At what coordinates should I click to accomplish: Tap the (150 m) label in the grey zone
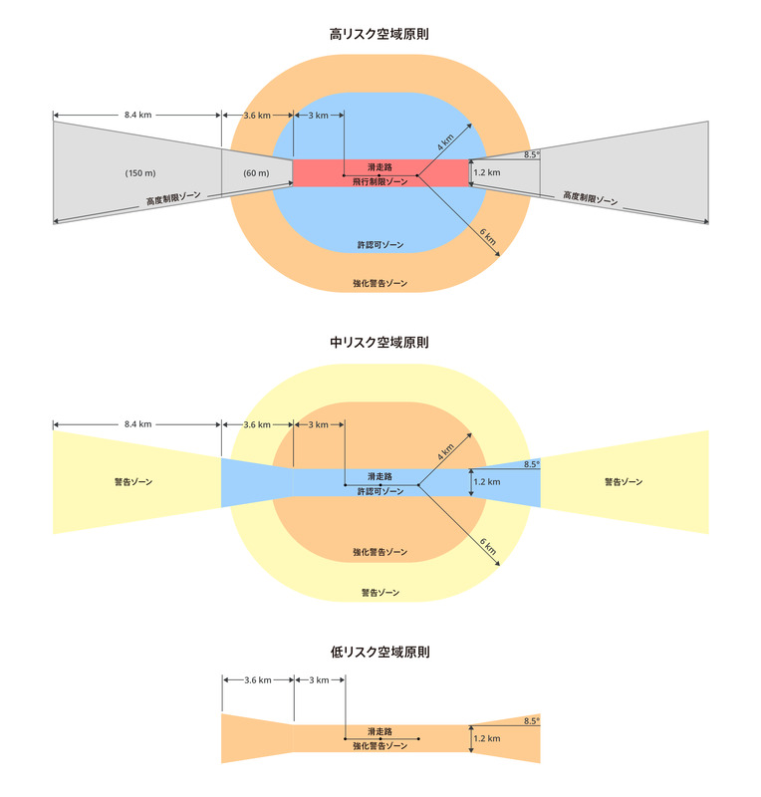pos(138,173)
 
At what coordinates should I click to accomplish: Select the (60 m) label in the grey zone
pos(256,173)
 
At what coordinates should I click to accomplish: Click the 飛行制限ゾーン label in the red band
pos(380,182)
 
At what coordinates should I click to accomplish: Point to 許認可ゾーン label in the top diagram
pos(380,244)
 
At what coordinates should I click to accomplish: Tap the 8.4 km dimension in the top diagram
pos(138,116)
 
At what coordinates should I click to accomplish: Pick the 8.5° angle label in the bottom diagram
pos(531,720)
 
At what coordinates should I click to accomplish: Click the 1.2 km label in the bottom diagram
pos(487,738)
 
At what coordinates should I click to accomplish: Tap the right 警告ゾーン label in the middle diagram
pos(624,482)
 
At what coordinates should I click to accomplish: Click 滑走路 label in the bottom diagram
pos(380,732)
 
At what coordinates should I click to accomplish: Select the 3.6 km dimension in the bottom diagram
pos(257,679)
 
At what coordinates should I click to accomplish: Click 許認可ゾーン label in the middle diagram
pos(380,491)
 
